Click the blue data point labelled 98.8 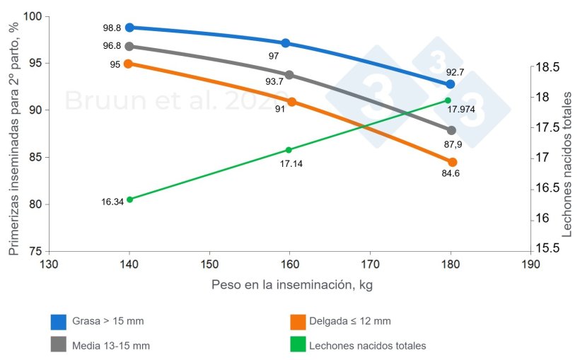pyautogui.click(x=129, y=28)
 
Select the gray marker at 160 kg pyautogui.click(x=289, y=75)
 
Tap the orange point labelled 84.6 pyautogui.click(x=453, y=162)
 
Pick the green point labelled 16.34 pyautogui.click(x=129, y=199)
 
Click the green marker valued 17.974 pyautogui.click(x=448, y=100)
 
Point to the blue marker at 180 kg pyautogui.click(x=450, y=84)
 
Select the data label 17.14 pyautogui.click(x=291, y=163)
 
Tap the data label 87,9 pyautogui.click(x=453, y=144)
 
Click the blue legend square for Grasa pyautogui.click(x=59, y=322)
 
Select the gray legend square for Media pyautogui.click(x=59, y=346)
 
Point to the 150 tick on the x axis pyautogui.click(x=209, y=264)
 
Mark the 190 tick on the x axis pyautogui.click(x=530, y=264)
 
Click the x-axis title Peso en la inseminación pyautogui.click(x=291, y=285)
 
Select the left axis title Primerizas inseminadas pyautogui.click(x=13, y=134)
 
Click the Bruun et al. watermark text pyautogui.click(x=177, y=100)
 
